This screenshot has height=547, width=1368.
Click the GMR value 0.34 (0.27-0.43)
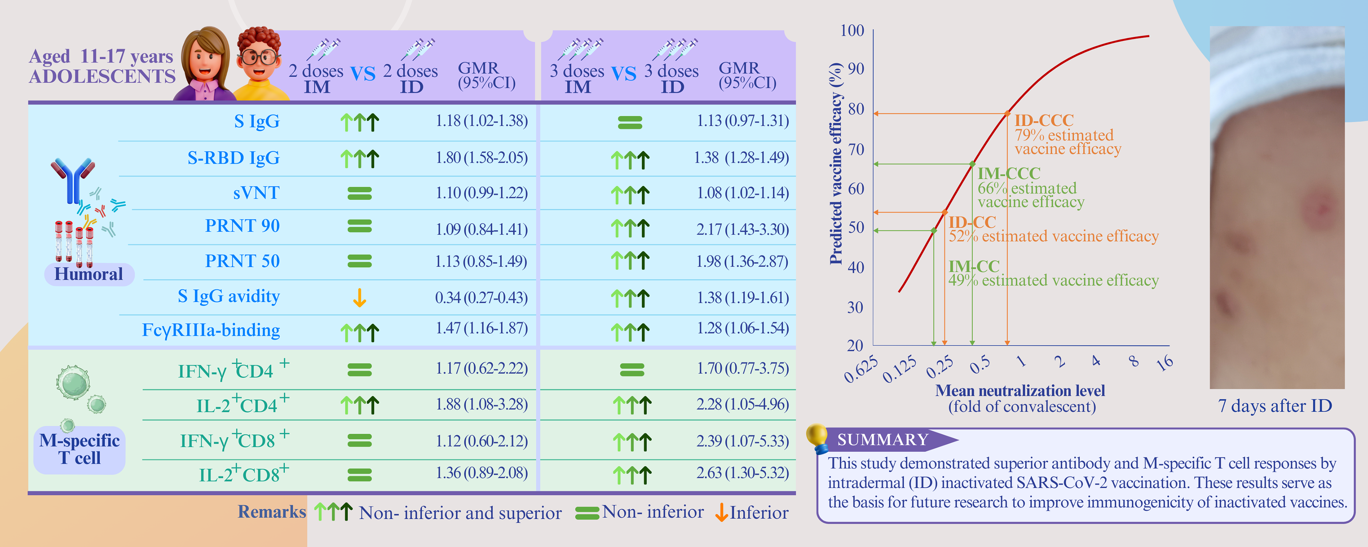[481, 298]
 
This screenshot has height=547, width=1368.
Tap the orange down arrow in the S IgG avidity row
[359, 298]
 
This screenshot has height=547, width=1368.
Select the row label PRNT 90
[242, 226]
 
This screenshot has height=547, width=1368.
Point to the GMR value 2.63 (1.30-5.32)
[742, 473]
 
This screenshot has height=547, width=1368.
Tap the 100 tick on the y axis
[852, 30]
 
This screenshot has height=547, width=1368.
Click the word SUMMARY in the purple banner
[883, 440]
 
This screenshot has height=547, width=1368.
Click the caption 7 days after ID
[1275, 406]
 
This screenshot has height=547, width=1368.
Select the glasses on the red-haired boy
[259, 56]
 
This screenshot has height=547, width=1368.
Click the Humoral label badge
[89, 274]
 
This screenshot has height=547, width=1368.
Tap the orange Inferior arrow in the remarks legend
[721, 512]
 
